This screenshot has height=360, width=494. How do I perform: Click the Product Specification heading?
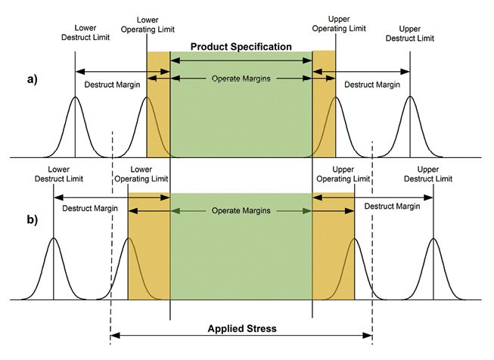point(241,47)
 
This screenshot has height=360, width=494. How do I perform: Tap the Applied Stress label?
point(242,328)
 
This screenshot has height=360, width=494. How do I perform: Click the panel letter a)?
point(32,79)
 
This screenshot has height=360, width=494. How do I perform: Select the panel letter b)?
point(32,219)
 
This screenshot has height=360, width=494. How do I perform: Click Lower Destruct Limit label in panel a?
point(85,33)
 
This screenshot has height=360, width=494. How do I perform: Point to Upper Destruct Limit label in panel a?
point(409,34)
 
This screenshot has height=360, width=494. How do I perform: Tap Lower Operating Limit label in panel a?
point(148,25)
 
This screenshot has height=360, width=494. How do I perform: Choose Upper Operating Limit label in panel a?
point(339,24)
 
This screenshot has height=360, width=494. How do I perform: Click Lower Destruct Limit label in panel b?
point(58,174)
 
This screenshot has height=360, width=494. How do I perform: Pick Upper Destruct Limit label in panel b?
point(428,174)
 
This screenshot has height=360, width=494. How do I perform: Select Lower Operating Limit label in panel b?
point(141,174)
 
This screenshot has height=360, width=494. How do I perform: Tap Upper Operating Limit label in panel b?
point(343,174)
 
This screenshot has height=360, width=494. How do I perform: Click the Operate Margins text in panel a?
point(241,79)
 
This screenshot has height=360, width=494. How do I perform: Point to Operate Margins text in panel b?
point(241,210)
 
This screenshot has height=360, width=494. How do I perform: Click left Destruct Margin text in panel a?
point(112,85)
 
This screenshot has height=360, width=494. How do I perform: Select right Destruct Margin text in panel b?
point(392,206)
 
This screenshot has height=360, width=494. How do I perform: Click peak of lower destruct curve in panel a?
point(75,97)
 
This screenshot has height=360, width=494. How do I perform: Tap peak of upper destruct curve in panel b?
point(433,238)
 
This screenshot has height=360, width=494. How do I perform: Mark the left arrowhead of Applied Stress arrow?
point(115,336)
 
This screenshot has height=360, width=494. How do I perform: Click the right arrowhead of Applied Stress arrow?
point(368,336)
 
